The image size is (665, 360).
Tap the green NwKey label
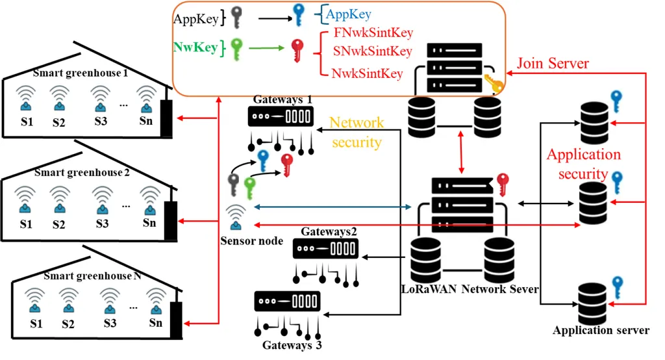click(193, 47)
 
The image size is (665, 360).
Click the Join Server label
click(553, 64)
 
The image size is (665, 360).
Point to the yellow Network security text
click(357, 132)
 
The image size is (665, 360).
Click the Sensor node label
click(251, 241)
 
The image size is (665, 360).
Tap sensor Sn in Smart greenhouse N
click(156, 305)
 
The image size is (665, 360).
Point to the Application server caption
click(601, 330)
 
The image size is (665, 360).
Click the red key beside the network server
click(502, 181)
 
